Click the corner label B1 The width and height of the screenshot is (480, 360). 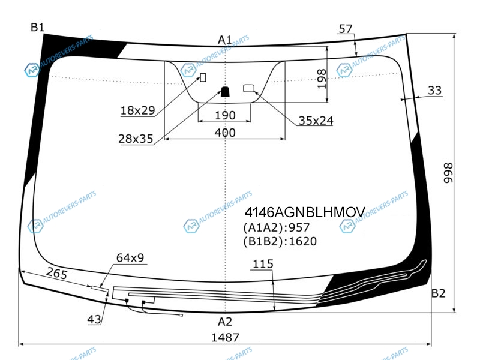pyautogui.click(x=37, y=27)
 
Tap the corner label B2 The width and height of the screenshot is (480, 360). pyautogui.click(x=438, y=293)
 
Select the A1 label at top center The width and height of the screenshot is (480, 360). pyautogui.click(x=225, y=40)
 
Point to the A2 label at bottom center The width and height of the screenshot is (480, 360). pyautogui.click(x=225, y=322)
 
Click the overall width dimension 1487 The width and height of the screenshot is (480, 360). pyautogui.click(x=226, y=337)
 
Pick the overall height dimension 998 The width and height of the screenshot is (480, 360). pyautogui.click(x=448, y=173)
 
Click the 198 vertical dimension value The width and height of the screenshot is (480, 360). pyautogui.click(x=322, y=79)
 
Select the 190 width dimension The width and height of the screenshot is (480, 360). pyautogui.click(x=226, y=115)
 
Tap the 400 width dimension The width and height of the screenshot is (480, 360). pyautogui.click(x=225, y=133)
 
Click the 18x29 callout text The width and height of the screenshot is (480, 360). pyautogui.click(x=138, y=110)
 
